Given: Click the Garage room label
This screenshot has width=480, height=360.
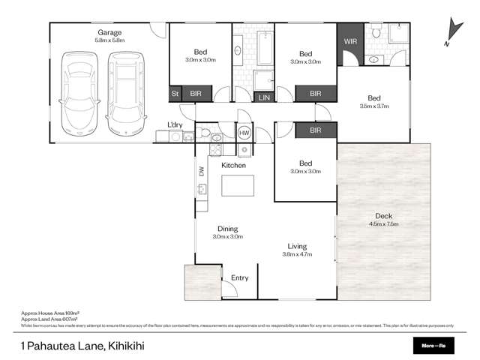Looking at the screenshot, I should (x=109, y=32).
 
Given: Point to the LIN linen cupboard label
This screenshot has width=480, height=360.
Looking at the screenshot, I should (x=264, y=97).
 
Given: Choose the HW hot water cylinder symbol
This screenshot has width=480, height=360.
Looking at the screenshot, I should (x=244, y=133).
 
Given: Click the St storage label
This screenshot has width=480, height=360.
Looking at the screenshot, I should (x=175, y=94).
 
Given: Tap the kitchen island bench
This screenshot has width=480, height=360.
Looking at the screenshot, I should (x=236, y=184).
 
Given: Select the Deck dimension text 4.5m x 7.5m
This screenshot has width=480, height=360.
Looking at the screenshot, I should (x=383, y=223).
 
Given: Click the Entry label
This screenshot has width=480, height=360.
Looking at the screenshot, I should (x=239, y=277).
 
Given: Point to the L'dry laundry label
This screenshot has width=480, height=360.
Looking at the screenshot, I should (x=175, y=124).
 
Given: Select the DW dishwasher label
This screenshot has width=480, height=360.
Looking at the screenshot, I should (x=201, y=171).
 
